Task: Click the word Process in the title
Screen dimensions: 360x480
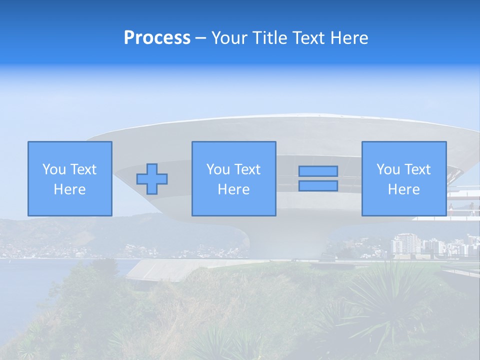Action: pos(157,38)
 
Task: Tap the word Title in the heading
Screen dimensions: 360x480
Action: pos(269,38)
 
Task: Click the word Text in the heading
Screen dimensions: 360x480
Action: pos(306,38)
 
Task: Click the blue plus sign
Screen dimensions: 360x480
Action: pos(152,179)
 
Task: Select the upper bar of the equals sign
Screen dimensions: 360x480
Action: pos(318,171)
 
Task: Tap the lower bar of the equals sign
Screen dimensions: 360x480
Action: pos(318,186)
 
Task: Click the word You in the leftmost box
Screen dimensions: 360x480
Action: pos(53,169)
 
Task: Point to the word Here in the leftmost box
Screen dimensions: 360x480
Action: pos(70,189)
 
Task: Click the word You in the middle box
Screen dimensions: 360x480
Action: pos(217,169)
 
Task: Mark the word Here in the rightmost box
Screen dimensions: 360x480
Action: pos(404,189)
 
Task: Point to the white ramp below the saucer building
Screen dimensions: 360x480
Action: pos(165,270)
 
